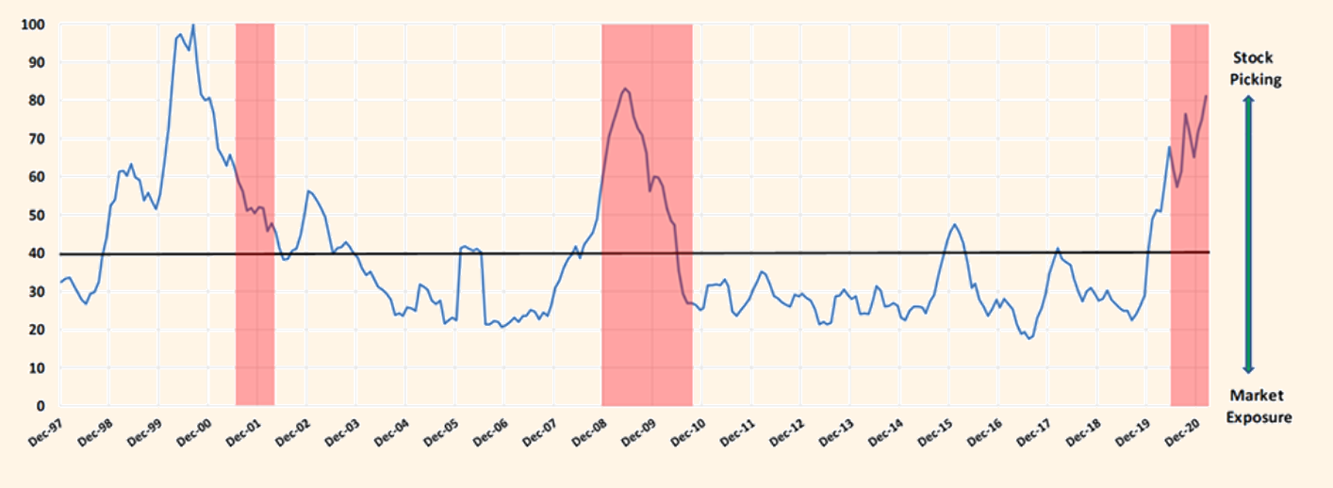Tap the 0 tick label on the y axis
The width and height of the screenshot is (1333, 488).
point(41,406)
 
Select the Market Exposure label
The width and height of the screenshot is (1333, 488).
point(1259,406)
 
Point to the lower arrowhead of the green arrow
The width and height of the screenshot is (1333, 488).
point(1248,369)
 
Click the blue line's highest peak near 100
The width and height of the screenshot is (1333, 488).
point(192,24)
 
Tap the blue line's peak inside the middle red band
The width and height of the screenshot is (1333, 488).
point(625,89)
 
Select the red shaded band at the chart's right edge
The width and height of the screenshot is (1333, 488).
point(1189,283)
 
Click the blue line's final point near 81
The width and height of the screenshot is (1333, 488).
point(1206,96)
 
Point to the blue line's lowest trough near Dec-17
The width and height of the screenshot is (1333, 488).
point(1029,338)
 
